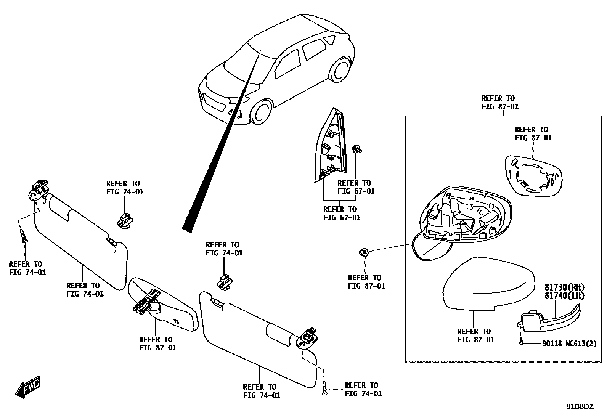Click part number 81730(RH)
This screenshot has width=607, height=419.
(564, 287)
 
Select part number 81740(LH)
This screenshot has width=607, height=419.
(564, 295)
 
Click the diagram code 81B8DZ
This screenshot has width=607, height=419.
(580, 406)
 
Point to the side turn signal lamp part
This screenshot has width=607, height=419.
(549, 320)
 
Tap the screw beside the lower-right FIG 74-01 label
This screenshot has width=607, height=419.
(324, 389)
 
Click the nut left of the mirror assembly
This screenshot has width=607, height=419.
(364, 252)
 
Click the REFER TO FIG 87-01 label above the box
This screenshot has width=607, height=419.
(500, 103)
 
